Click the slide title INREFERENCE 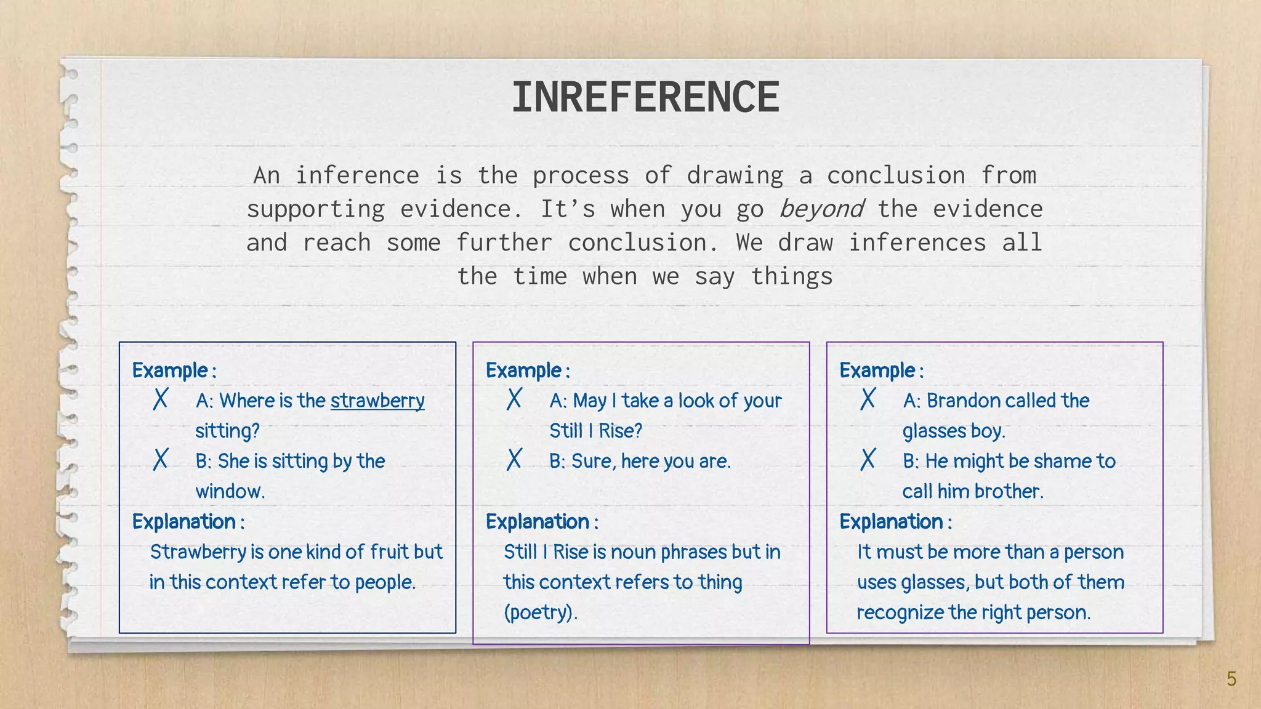645,97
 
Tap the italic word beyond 821,209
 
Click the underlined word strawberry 377,401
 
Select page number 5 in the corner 1231,679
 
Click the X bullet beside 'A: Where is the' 160,399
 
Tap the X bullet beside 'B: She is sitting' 160,460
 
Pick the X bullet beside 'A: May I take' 514,399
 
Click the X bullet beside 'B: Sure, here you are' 514,460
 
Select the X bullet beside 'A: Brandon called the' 868,399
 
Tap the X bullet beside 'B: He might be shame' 868,460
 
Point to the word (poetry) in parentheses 541,613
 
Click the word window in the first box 230,492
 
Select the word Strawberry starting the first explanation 198,552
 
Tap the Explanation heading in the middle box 538,522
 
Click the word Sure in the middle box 593,461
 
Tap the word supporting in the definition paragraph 315,209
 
